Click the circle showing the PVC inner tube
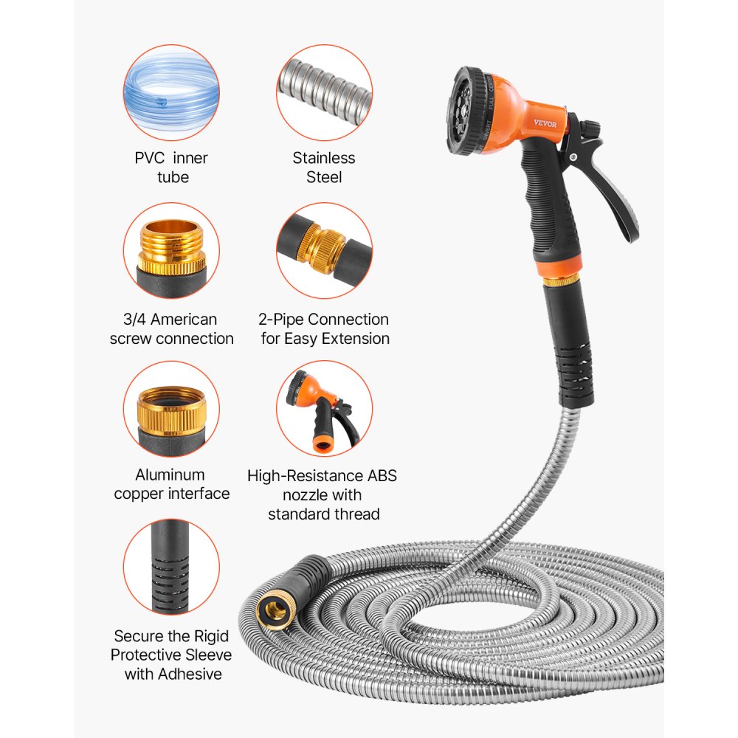pyautogui.click(x=171, y=92)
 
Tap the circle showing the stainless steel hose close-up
pyautogui.click(x=324, y=92)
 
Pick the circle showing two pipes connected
pyautogui.click(x=324, y=251)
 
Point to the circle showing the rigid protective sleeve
pyautogui.click(x=171, y=565)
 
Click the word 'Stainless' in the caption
pyautogui.click(x=324, y=158)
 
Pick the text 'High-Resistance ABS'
pyautogui.click(x=323, y=476)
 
